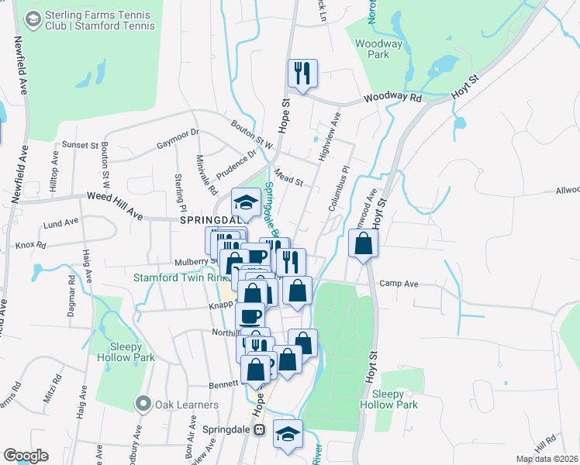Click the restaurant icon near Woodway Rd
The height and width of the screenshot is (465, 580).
coord(302,74)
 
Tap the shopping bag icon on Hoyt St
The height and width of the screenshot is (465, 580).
coord(363,244)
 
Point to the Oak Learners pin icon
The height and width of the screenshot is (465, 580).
coord(143,404)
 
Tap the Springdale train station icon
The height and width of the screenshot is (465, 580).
coord(261,429)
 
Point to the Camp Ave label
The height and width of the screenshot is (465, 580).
coord(399,284)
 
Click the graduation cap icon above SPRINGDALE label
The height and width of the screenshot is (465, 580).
coord(247,203)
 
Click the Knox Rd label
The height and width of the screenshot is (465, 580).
coord(31,245)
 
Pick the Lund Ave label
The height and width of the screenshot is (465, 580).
coord(62,222)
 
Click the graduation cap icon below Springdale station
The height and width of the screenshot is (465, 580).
coord(288,434)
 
